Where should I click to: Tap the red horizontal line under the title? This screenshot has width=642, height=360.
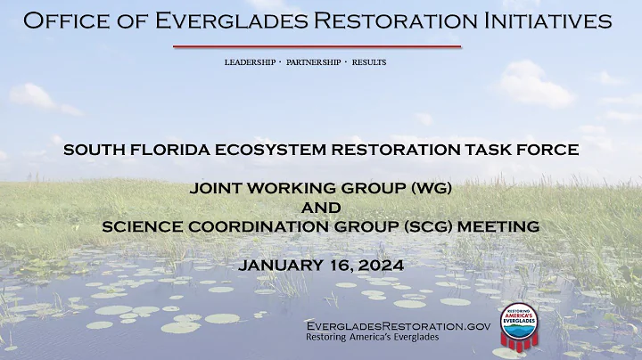pyautogui.click(x=317, y=46)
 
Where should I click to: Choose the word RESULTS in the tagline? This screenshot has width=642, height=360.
pyautogui.click(x=369, y=62)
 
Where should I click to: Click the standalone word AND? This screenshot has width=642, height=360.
pyautogui.click(x=321, y=208)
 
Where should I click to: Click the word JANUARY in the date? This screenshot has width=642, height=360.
pyautogui.click(x=283, y=266)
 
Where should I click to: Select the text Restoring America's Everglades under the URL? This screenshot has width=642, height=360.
pyautogui.click(x=372, y=338)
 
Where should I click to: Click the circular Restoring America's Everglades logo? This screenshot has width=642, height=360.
pyautogui.click(x=524, y=324)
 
